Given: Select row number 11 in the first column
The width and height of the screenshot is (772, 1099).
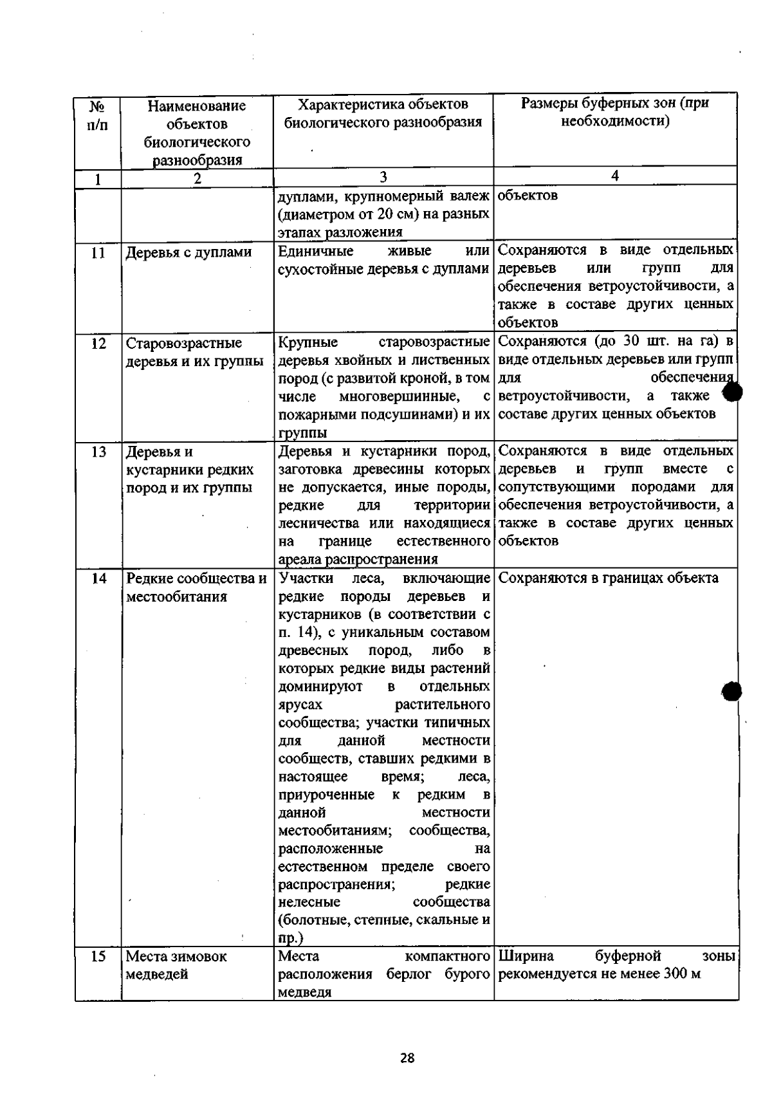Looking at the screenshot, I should (x=98, y=253).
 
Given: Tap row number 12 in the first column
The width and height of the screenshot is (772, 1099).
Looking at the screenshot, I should (x=98, y=344).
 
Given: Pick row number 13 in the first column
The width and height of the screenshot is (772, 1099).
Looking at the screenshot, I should (x=98, y=452).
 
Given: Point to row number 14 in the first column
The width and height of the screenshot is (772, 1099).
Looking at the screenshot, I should (x=98, y=578).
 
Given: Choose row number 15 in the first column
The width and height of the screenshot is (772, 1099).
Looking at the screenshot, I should (x=98, y=956).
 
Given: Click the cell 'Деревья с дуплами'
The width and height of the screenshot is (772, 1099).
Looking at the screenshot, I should (x=188, y=253).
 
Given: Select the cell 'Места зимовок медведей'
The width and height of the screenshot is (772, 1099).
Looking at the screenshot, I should (x=176, y=965).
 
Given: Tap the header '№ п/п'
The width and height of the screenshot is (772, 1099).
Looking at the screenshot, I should (x=97, y=115).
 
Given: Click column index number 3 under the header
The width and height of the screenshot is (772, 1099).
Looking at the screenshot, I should (x=383, y=178).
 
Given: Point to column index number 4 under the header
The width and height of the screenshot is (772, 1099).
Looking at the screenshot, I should (x=615, y=176).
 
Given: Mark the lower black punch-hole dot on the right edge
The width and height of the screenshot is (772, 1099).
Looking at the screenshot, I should (x=732, y=691).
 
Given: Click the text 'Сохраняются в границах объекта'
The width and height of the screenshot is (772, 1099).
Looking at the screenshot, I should (x=608, y=578).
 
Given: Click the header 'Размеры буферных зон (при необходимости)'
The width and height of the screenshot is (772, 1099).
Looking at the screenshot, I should (x=614, y=112).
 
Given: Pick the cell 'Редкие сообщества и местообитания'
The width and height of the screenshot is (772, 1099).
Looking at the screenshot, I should (x=196, y=587).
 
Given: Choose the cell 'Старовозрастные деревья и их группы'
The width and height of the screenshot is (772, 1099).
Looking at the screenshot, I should (x=194, y=352).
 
